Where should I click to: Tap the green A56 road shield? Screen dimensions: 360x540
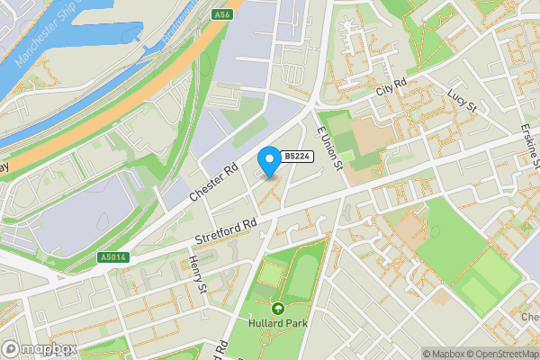pyautogui.click(x=221, y=15)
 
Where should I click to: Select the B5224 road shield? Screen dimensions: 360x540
pyautogui.click(x=296, y=157)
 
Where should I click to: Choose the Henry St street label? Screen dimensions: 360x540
pyautogui.click(x=198, y=274)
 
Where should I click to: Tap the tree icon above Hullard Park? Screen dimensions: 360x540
pyautogui.click(x=278, y=308)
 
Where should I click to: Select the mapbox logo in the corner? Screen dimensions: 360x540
pyautogui.click(x=40, y=348)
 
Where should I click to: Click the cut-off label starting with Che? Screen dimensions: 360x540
pyautogui.click(x=529, y=318)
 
